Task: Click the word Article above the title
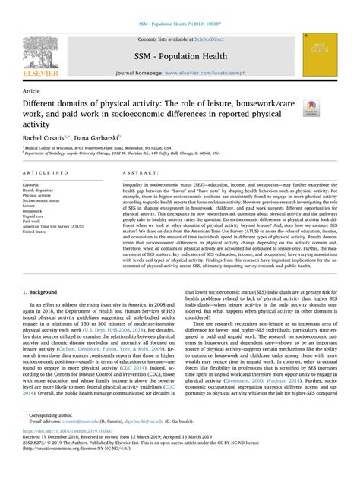pos(33,89)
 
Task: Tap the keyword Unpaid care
pos(35,216)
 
